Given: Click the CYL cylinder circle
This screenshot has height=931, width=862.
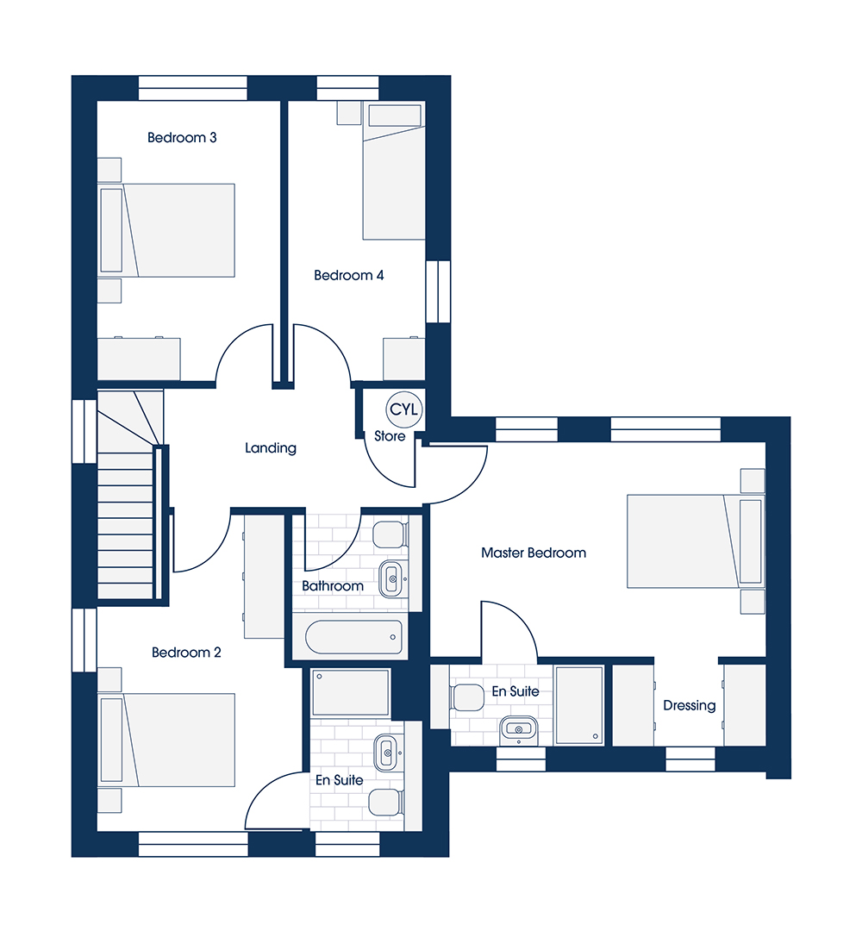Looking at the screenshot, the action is click(404, 409).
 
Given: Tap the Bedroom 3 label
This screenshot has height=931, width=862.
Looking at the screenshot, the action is click(182, 138).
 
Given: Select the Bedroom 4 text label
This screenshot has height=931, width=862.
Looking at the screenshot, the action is click(348, 276).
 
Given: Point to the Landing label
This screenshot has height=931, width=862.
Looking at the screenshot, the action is click(271, 448).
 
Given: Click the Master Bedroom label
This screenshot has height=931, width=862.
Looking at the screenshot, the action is click(534, 553).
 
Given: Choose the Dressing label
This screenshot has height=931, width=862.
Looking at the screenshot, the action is click(690, 705).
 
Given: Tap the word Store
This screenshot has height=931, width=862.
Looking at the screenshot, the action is click(390, 436).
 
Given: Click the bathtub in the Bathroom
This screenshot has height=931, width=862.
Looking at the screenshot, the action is click(353, 637).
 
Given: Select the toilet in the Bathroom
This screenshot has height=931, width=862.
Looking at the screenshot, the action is click(390, 534).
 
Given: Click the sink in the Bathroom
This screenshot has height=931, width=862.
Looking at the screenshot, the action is click(392, 578).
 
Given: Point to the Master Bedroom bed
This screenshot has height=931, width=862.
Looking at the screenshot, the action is click(696, 540).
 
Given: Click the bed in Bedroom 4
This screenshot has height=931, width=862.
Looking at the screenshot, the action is click(394, 171).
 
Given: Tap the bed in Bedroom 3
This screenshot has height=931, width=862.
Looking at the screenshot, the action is click(166, 230).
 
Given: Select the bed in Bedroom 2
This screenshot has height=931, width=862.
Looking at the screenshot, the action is click(166, 740).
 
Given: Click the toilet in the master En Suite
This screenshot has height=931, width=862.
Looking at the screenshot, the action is click(467, 697).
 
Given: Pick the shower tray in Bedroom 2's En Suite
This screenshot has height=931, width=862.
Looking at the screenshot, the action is click(350, 692).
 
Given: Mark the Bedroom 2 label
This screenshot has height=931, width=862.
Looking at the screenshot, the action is click(186, 653).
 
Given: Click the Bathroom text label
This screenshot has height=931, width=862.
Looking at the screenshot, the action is click(333, 586).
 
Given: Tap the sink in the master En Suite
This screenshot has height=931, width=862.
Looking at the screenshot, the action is click(518, 729).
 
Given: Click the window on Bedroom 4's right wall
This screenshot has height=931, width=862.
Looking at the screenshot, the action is click(438, 291).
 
